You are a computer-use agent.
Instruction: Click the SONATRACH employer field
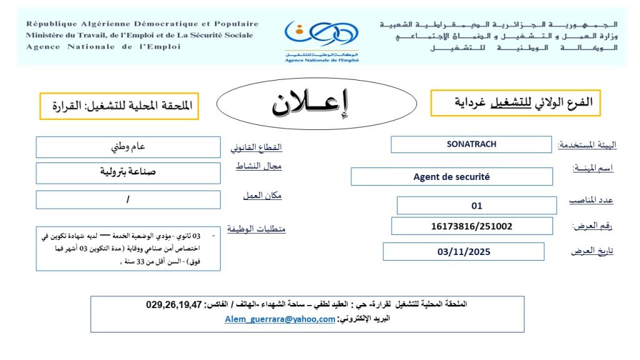pos(471,144)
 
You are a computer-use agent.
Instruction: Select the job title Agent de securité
pos(451,177)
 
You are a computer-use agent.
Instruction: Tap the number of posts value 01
pos(476,206)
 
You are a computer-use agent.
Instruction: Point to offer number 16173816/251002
pos(472,226)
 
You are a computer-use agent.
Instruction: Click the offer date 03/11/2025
pos(464,252)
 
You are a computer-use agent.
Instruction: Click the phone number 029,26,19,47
pos(174,305)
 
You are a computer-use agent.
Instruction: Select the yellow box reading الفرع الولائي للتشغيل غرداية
pos(516,102)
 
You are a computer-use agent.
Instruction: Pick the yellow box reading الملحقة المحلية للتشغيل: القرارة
pos(119,106)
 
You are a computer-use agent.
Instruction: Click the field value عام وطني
pos(128,147)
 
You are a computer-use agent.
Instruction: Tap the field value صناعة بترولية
pos(128,171)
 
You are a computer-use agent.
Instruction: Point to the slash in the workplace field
pos(127,200)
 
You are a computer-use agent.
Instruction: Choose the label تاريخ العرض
pos(592,251)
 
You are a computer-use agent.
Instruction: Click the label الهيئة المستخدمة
pos(587,145)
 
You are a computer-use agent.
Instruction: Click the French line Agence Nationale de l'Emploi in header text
pos(103,47)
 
